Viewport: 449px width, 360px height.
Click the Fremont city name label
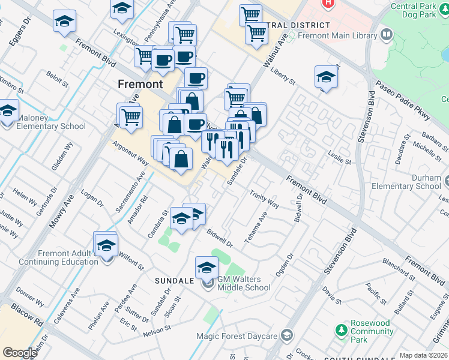[140, 84]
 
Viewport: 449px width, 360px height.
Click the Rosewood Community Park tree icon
[342, 329]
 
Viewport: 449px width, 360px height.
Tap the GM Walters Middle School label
[243, 283]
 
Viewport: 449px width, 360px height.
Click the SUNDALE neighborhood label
[174, 281]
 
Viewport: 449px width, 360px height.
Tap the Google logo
[20, 352]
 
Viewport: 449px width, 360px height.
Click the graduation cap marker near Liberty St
[326, 77]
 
